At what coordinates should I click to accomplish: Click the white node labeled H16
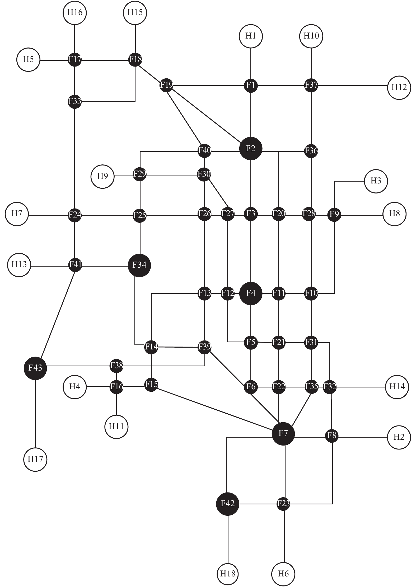point(75,12)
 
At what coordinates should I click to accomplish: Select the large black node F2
point(251,149)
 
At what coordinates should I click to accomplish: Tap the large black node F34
point(139,266)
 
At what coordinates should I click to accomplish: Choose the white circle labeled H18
point(228,574)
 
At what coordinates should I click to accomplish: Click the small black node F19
point(166,85)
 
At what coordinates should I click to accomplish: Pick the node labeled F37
point(311,85)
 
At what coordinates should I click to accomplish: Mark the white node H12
point(399,88)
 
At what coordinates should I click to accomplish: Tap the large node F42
point(227,504)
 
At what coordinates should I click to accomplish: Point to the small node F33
point(75,102)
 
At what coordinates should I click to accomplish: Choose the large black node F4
point(251,293)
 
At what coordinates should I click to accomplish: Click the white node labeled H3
point(376,181)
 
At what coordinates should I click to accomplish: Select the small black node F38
point(116,366)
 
